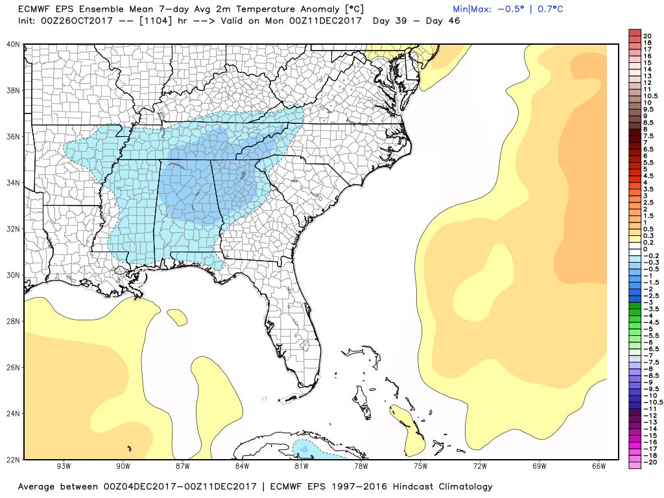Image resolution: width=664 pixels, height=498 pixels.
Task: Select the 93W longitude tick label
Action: point(64,466)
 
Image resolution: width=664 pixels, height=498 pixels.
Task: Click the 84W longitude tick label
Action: point(242,466)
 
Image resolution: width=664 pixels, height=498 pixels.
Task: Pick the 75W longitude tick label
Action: point(420,466)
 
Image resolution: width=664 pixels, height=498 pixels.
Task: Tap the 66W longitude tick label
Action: point(599,466)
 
